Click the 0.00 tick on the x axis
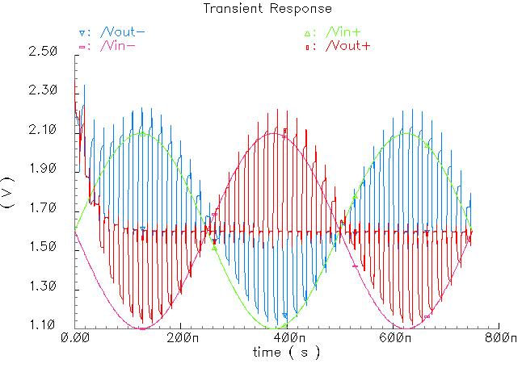(x=76, y=339)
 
